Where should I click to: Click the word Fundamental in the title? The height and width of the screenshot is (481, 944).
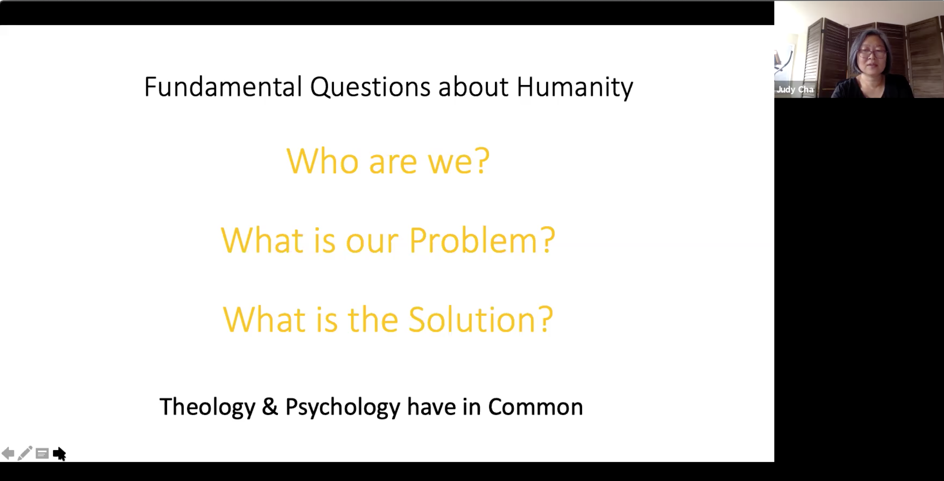pos(223,86)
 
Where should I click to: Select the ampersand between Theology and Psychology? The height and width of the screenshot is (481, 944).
pos(270,407)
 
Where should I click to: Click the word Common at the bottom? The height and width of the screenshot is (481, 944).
pos(535,407)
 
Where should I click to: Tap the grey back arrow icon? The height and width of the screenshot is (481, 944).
pos(8,454)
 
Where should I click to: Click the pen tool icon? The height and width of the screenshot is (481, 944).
pos(25,453)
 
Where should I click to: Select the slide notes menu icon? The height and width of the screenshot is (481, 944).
pos(42,454)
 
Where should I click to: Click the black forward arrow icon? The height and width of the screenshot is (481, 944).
pos(59,454)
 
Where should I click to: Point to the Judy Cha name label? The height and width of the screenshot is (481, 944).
pos(795,89)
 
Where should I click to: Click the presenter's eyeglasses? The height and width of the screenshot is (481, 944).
pos(872,53)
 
